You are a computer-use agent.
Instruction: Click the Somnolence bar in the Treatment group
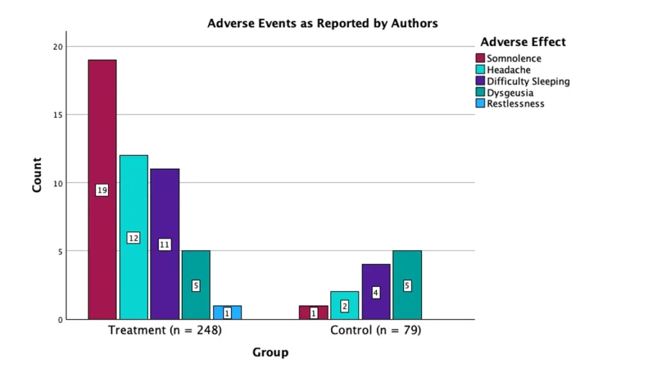tap(102, 190)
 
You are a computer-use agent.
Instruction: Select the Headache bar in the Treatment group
tap(133, 237)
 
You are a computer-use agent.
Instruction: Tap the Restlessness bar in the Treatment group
tap(227, 313)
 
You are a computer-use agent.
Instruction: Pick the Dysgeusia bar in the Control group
tap(407, 285)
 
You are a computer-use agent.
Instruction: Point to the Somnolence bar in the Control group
tap(314, 313)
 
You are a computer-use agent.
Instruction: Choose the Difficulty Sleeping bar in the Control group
tap(376, 292)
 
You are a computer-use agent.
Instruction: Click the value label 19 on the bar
tap(102, 190)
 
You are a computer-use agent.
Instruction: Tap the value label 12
tap(133, 238)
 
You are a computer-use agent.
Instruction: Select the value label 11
tap(165, 245)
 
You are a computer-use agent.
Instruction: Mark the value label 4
tap(376, 293)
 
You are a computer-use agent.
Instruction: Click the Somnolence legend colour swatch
tap(480, 58)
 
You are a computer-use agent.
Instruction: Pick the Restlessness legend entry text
tap(515, 104)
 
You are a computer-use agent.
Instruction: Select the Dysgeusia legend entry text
tap(510, 93)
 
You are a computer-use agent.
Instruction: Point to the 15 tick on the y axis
tap(58, 115)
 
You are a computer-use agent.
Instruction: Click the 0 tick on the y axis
tap(60, 320)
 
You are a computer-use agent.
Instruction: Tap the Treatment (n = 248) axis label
tap(165, 330)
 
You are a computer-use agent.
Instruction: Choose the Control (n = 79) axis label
tap(376, 330)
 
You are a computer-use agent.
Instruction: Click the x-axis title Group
tap(271, 352)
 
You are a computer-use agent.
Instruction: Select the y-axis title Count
tap(37, 175)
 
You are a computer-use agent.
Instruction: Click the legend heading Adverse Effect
tap(523, 42)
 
